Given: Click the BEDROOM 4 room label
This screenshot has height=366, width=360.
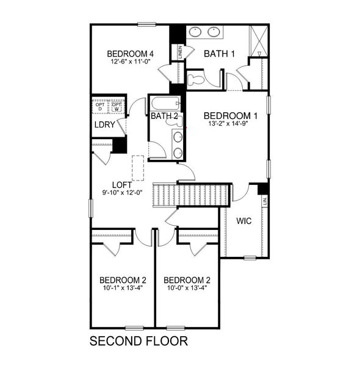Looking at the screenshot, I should click(129, 52).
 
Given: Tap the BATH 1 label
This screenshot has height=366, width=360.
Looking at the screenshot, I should click(219, 54).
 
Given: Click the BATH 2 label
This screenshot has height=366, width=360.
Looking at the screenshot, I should click(164, 116).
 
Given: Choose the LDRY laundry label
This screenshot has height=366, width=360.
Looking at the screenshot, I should click(105, 125).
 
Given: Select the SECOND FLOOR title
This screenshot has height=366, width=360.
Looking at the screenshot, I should click(138, 340).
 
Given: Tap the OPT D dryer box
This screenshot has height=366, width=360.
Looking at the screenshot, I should click(99, 107).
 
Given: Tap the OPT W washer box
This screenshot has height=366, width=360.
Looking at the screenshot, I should click(117, 107).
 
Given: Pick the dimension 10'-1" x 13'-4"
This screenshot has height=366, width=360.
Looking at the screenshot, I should click(123, 289).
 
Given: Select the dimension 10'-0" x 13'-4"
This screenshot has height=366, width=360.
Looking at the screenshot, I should click(187, 289).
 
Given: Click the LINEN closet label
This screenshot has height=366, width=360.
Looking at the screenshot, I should click(180, 52).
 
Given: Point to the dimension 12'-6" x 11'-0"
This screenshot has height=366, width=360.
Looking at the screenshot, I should click(129, 61).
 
